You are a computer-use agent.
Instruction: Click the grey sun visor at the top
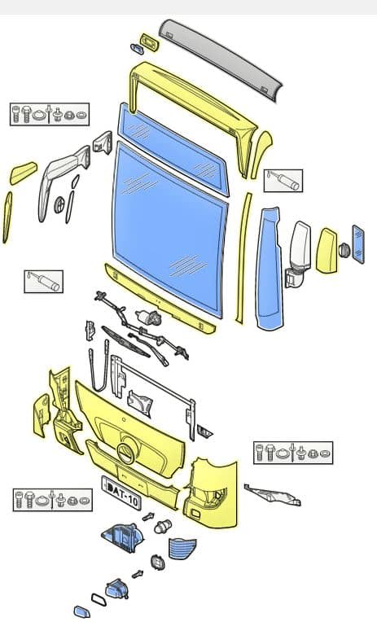[x=220, y=58]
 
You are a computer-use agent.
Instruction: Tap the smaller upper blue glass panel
[x=173, y=150]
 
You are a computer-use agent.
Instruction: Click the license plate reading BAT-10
[x=121, y=493]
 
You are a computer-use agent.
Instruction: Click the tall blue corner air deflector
[x=270, y=269]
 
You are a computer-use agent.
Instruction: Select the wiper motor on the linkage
[x=149, y=317]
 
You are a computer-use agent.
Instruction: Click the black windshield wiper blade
[x=125, y=342]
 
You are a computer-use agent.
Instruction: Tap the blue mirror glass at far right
[x=358, y=244]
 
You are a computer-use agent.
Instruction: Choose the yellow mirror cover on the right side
[x=327, y=251]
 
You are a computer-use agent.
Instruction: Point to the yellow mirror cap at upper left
[x=23, y=173]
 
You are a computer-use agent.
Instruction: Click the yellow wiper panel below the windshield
[x=160, y=299]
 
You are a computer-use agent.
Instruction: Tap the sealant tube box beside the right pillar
[x=283, y=181]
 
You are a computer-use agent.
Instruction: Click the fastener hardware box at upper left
[x=50, y=114]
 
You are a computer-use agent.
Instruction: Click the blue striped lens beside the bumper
[x=182, y=548]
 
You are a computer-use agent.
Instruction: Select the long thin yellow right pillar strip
[x=243, y=258]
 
